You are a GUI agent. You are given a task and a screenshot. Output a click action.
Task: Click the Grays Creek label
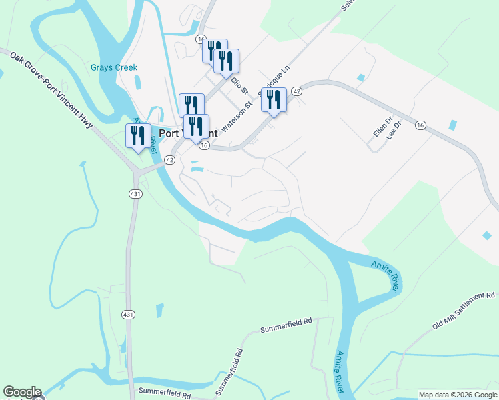[x=114, y=67]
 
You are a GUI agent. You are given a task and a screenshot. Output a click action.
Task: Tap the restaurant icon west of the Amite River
[x=138, y=136]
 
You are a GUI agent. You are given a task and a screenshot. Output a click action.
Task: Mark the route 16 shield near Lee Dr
[x=420, y=125]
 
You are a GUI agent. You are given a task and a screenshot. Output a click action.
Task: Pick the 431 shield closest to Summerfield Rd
[x=127, y=314]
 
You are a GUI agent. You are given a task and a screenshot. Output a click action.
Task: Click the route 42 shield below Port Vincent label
[x=170, y=160]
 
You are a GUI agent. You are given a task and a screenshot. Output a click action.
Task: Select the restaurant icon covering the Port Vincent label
[x=196, y=127]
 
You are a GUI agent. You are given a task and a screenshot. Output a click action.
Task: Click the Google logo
[x=22, y=392]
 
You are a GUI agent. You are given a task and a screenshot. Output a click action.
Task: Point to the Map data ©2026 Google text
[x=457, y=395]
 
